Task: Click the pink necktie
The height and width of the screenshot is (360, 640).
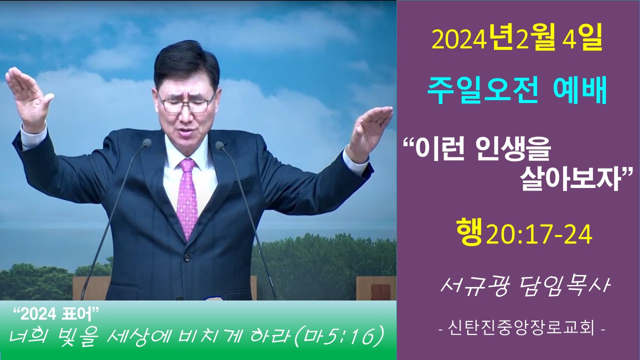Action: (x=187, y=197)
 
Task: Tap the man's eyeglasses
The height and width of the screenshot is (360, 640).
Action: (x=187, y=103)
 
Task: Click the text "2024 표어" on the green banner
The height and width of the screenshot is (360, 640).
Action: (x=56, y=314)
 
